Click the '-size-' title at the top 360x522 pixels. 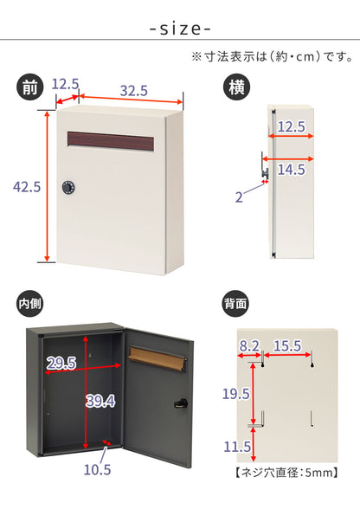(180, 29)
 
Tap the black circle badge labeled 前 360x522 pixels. (30, 87)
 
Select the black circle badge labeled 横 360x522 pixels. (236, 87)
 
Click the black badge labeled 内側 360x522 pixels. (30, 303)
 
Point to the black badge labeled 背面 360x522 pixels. (235, 303)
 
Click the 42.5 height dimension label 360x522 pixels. (27, 187)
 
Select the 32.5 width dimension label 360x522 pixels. (134, 91)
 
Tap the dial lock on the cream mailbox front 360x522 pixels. (68, 188)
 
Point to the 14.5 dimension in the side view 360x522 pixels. (291, 170)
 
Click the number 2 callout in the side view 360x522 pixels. (239, 197)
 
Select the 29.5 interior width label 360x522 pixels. (61, 363)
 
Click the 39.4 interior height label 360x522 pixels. (100, 401)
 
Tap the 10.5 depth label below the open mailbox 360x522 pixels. (97, 470)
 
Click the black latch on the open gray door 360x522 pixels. (181, 403)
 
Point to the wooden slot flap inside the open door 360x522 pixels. (157, 359)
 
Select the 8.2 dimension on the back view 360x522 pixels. (249, 346)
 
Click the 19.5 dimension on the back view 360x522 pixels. (236, 394)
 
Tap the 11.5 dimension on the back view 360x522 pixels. (237, 447)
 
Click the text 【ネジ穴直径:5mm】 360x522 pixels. (286, 473)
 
